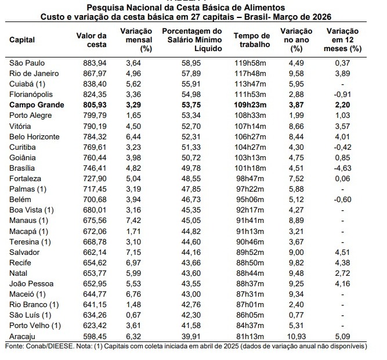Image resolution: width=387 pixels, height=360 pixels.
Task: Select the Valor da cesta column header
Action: coord(92,39)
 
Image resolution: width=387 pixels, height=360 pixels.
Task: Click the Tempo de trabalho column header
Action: coord(251,39)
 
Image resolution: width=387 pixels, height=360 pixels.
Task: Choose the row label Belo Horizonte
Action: coord(34,136)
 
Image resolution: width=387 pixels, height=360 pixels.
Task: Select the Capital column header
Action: coord(23,40)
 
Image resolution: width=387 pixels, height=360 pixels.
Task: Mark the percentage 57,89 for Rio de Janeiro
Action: coord(191,73)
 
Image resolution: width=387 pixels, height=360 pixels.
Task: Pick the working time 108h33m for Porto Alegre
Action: coord(251,116)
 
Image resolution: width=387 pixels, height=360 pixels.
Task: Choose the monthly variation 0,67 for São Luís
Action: coord(133,315)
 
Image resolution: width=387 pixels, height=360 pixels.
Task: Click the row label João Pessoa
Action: coord(30,283)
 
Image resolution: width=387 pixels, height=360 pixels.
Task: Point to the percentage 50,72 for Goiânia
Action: coord(191,157)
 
